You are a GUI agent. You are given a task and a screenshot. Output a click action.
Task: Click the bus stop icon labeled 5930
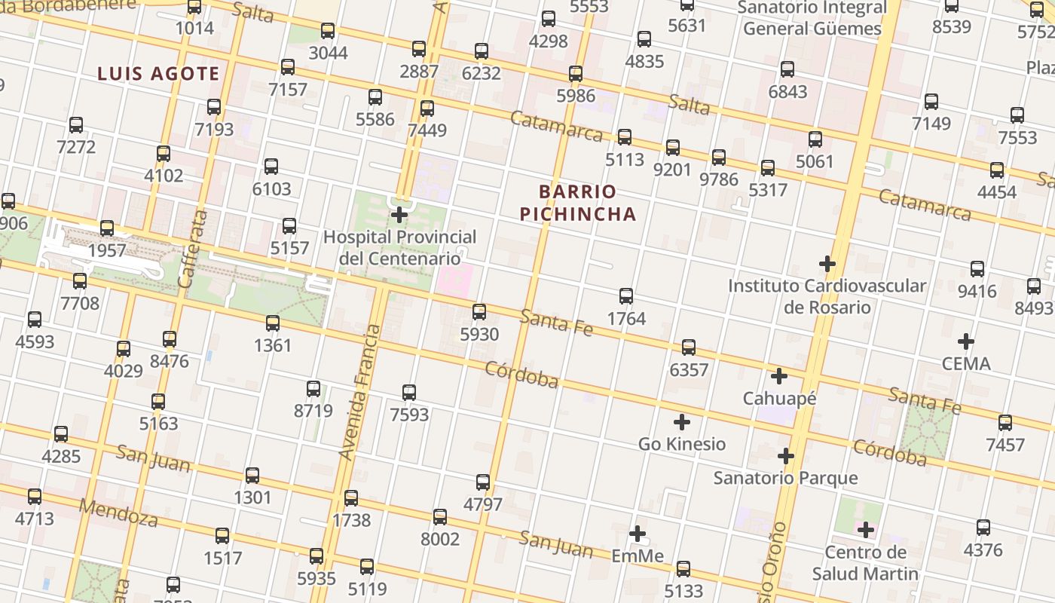tap(479, 312)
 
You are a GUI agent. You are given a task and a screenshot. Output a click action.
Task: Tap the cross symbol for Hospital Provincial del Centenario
tap(399, 216)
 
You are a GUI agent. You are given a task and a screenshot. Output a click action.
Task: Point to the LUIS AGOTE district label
tap(159, 74)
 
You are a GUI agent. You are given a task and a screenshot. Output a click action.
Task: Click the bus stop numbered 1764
tap(626, 296)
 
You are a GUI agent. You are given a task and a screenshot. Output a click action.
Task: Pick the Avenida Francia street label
tap(359, 392)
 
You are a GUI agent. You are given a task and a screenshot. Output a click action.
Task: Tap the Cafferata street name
tap(193, 249)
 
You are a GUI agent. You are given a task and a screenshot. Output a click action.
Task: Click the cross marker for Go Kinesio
tap(682, 422)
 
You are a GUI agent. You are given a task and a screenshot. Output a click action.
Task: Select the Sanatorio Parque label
tap(785, 478)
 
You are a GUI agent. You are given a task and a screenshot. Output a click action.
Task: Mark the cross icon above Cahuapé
tap(779, 375)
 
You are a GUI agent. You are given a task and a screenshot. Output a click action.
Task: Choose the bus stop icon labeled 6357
tap(689, 347)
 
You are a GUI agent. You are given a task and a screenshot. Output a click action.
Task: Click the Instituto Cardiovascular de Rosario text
tap(827, 296)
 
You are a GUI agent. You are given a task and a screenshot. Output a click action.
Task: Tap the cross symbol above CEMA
tap(966, 341)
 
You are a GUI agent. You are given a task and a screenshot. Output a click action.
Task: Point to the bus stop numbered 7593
tap(409, 393)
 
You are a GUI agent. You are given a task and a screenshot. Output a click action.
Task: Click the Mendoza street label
tap(118, 513)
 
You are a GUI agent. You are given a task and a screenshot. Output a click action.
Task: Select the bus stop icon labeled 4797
tap(483, 482)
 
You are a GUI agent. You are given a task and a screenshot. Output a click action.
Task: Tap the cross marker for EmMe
tap(638, 534)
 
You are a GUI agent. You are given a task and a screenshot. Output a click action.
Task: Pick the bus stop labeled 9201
tap(673, 148)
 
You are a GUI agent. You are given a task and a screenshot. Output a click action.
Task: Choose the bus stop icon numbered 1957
tap(107, 228)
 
